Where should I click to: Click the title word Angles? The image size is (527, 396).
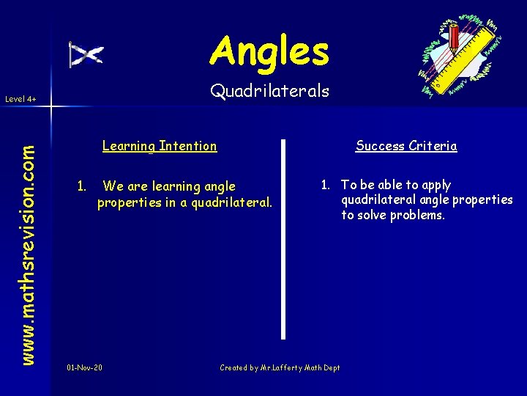(x=269, y=51)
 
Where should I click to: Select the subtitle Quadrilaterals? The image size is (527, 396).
(x=269, y=91)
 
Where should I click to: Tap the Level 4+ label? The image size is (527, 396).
(x=20, y=98)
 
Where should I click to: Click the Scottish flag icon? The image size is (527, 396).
(x=86, y=55)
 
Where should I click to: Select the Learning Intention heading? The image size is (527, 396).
(x=160, y=146)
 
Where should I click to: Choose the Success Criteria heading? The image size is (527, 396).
(x=406, y=146)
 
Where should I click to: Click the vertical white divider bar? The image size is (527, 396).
(x=284, y=238)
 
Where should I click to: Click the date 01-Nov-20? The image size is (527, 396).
(x=84, y=367)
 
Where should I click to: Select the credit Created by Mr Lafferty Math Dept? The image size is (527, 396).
(x=280, y=367)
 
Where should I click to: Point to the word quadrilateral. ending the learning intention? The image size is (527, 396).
(x=231, y=202)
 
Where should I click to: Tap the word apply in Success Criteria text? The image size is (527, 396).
(x=436, y=186)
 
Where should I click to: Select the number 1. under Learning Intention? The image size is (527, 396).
(x=83, y=186)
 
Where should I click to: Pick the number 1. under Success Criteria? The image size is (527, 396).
(x=326, y=185)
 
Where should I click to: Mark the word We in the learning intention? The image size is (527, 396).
(x=113, y=186)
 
